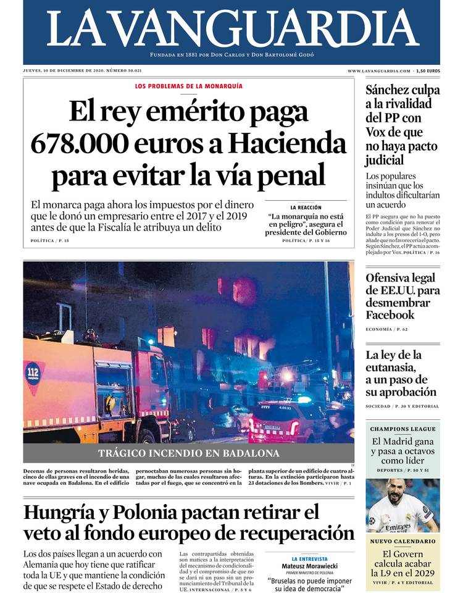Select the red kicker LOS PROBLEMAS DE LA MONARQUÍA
click(x=189, y=86)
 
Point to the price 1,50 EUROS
click(x=428, y=71)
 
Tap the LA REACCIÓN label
click(x=306, y=208)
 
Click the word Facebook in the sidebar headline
click(x=390, y=315)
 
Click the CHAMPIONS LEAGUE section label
click(x=403, y=429)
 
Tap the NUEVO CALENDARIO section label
click(x=403, y=541)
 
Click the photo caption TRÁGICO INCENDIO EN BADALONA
click(x=188, y=453)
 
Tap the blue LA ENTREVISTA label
click(x=309, y=558)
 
